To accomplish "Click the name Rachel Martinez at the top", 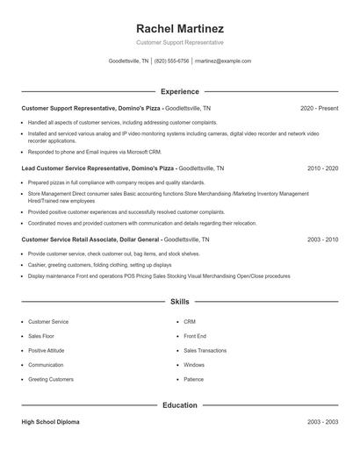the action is tap(180, 27).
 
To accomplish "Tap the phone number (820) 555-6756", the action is tap(171, 61).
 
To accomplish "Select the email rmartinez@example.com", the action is tap(223, 61).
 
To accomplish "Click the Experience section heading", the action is tap(180, 91).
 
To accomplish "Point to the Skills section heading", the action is tap(180, 302).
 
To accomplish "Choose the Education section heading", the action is tap(180, 405).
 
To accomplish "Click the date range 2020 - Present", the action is tap(319, 108).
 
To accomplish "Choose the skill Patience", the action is tap(193, 379).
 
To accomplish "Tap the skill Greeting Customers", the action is tap(51, 379).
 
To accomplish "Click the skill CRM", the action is tap(190, 322).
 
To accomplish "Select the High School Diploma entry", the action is tap(50, 422).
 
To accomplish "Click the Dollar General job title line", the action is tap(115, 239).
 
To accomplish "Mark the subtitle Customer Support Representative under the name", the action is tap(180, 42).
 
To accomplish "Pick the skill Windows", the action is tap(194, 365).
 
